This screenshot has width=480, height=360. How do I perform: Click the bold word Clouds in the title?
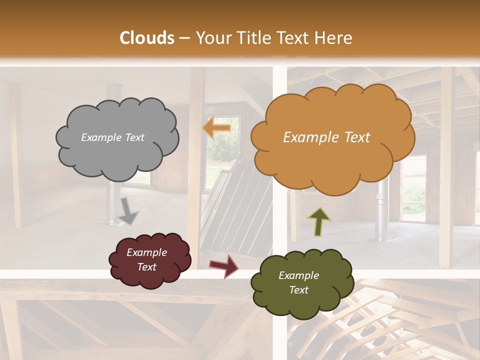[147, 38]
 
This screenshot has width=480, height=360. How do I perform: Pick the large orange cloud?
[332, 160]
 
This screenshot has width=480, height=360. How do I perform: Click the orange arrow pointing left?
[217, 128]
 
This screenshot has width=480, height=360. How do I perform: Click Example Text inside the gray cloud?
[112, 137]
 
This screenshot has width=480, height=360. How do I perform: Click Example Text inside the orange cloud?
[326, 137]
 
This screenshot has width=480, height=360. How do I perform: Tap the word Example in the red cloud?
[146, 252]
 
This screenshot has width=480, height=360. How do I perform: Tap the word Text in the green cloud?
[298, 290]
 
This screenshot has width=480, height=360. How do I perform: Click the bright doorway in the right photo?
[413, 190]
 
